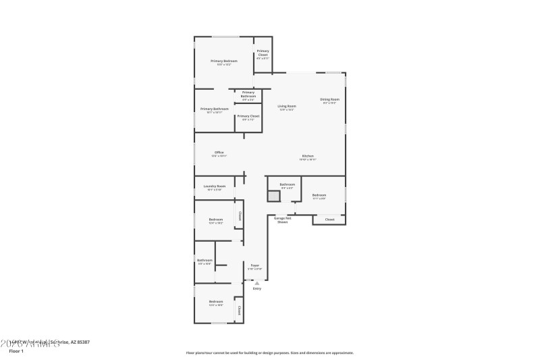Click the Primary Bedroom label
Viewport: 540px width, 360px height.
pyautogui.click(x=223, y=61)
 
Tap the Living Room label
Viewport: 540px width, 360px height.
pyautogui.click(x=287, y=106)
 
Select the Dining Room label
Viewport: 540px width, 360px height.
pyautogui.click(x=330, y=99)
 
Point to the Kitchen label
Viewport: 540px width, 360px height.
pyautogui.click(x=308, y=157)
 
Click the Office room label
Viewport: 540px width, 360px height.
pyautogui.click(x=219, y=153)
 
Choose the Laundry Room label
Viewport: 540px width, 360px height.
pyautogui.click(x=215, y=186)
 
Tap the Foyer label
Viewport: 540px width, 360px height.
pyautogui.click(x=255, y=265)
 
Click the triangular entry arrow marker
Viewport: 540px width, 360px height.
pyautogui.click(x=256, y=283)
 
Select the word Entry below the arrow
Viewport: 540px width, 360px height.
pyautogui.click(x=256, y=289)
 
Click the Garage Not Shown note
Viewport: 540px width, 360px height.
pyautogui.click(x=282, y=220)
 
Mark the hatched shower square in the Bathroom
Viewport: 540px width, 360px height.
pyautogui.click(x=273, y=196)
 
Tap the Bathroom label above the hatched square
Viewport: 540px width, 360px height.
pyautogui.click(x=288, y=184)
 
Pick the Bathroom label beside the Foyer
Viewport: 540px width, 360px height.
pyautogui.click(x=205, y=260)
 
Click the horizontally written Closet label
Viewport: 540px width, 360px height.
pyautogui.click(x=329, y=220)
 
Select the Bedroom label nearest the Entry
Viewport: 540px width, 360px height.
pyautogui.click(x=215, y=301)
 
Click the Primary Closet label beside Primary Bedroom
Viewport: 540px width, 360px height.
pyautogui.click(x=263, y=53)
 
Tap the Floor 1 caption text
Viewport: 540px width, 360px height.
pyautogui.click(x=16, y=351)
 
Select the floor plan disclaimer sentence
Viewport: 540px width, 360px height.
pyautogui.click(x=269, y=353)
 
